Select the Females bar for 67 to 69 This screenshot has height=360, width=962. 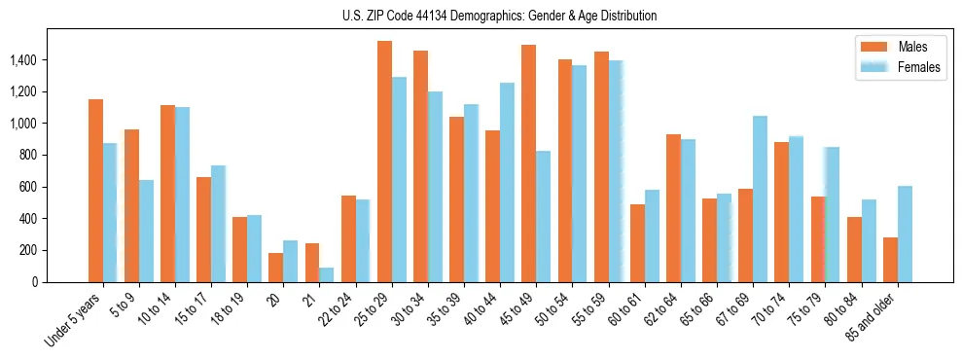click(760, 198)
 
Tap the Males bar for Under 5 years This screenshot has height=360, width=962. click(95, 191)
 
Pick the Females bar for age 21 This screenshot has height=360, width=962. click(327, 274)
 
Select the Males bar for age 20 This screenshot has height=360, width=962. click(276, 268)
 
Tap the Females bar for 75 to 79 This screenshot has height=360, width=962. click(833, 214)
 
